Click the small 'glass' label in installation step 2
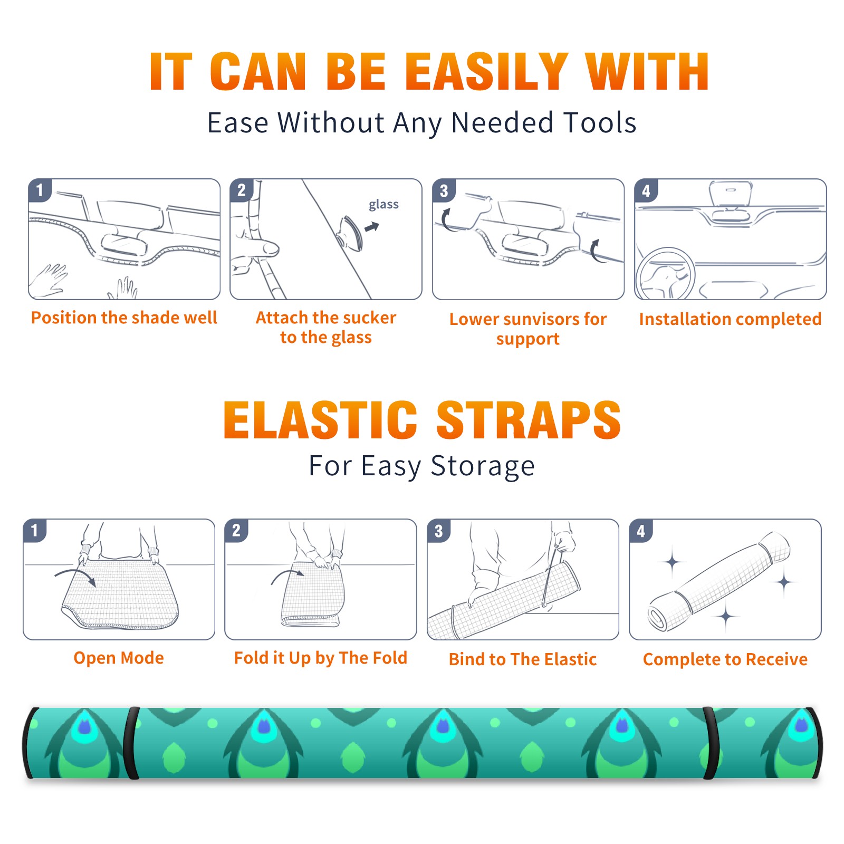383,205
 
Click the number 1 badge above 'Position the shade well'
40,190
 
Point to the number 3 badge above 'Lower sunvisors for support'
444,190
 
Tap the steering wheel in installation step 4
665,274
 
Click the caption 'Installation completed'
730,319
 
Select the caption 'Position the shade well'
124,318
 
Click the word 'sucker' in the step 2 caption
369,318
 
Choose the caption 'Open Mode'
119,658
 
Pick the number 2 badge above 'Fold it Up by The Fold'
236,531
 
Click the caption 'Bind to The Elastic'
523,659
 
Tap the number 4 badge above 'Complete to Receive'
641,531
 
